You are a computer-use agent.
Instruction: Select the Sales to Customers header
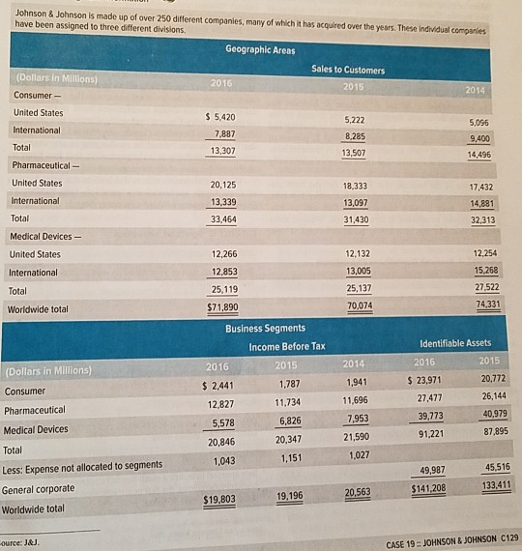(x=348, y=70)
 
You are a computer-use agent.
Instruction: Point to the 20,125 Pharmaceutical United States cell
(x=223, y=184)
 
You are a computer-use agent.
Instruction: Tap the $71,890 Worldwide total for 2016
(x=223, y=307)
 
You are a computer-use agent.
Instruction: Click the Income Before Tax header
(x=287, y=346)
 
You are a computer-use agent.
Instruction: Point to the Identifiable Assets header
(x=455, y=343)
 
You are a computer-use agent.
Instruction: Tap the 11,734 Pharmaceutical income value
(x=288, y=402)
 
